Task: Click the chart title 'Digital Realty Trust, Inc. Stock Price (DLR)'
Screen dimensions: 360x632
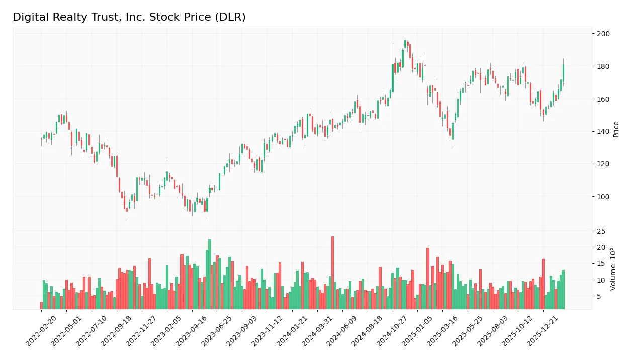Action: click(x=129, y=17)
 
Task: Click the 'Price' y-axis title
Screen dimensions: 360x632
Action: click(x=616, y=129)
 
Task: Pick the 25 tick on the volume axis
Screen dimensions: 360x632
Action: click(x=601, y=231)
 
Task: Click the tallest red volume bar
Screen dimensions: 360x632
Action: click(x=332, y=273)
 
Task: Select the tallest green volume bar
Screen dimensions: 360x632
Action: click(x=210, y=274)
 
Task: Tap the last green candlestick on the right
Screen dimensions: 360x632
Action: click(x=563, y=73)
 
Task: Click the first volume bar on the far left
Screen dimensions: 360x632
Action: click(x=41, y=305)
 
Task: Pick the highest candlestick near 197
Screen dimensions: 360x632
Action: click(x=405, y=44)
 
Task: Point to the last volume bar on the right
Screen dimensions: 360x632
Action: click(x=563, y=290)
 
